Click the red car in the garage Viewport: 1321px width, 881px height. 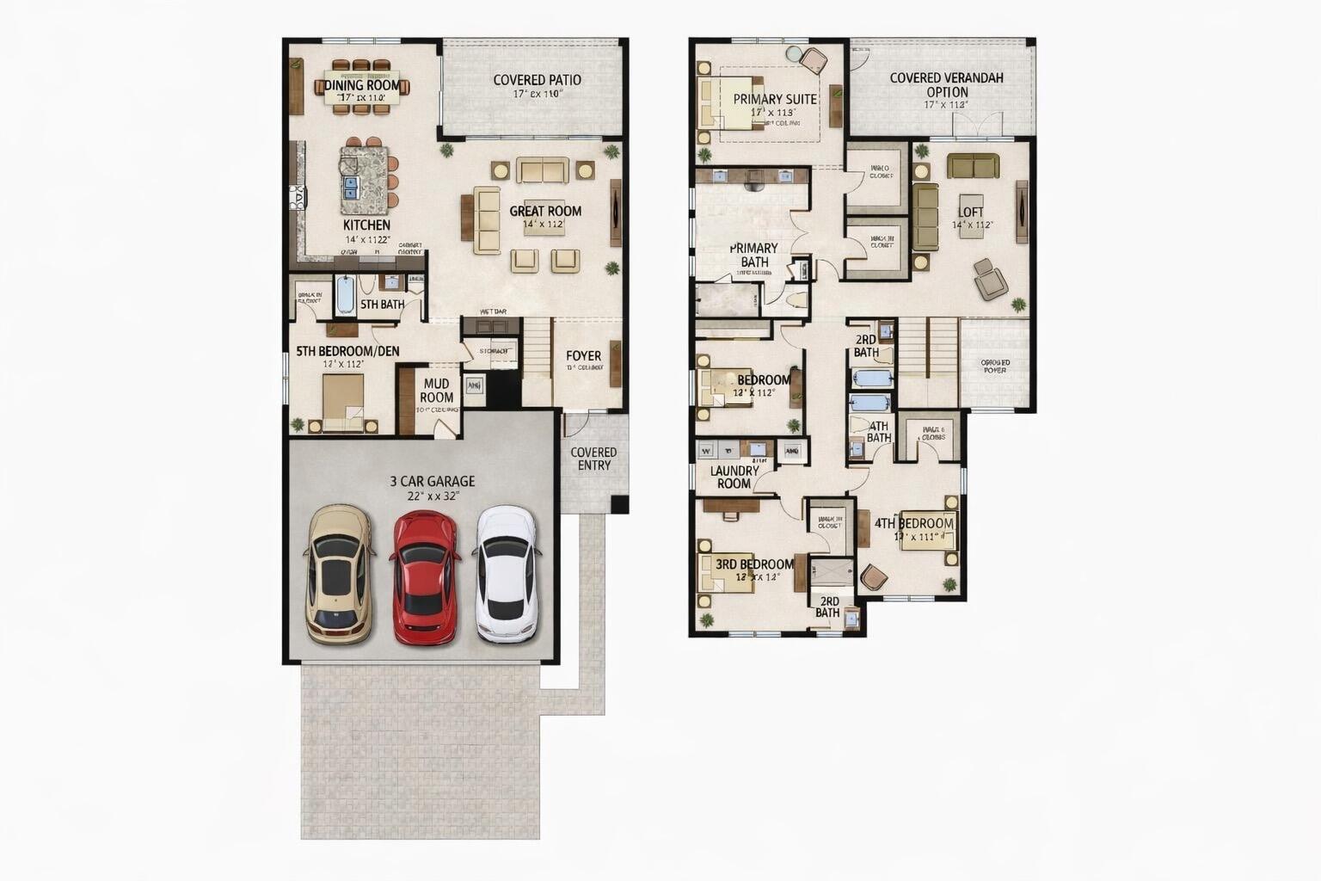[x=424, y=577]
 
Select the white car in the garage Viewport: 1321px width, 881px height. [x=507, y=574]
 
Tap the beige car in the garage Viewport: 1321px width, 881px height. [x=340, y=574]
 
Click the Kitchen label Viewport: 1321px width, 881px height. [x=366, y=225]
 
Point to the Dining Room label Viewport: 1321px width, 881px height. [x=362, y=85]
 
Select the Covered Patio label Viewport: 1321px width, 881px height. [x=537, y=80]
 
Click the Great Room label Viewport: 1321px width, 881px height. [x=545, y=211]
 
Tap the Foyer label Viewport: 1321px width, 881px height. [x=583, y=355]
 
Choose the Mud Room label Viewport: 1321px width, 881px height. [x=437, y=391]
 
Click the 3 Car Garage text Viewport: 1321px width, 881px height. [x=432, y=482]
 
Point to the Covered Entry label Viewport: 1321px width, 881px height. [x=593, y=459]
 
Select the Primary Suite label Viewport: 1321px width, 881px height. [x=775, y=99]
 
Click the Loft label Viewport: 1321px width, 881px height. [x=971, y=212]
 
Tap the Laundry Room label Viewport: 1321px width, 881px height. [x=734, y=477]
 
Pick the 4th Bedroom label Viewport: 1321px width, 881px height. [x=913, y=523]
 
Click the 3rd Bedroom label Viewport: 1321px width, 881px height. [x=754, y=564]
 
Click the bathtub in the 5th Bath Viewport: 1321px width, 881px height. [x=345, y=295]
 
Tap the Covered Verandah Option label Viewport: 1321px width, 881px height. [x=946, y=84]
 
